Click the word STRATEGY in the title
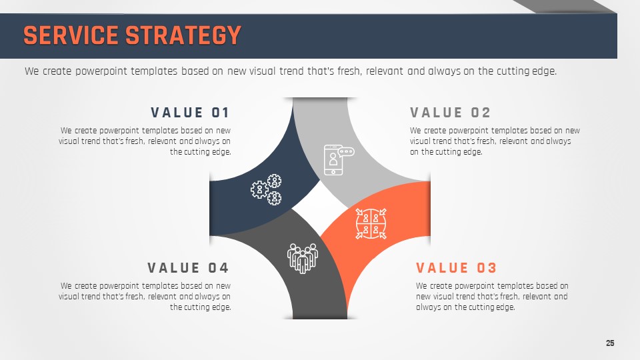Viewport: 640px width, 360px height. click(183, 35)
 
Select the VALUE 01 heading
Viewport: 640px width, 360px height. click(190, 113)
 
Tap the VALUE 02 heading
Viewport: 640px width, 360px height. click(450, 113)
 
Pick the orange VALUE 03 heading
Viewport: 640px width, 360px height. click(456, 268)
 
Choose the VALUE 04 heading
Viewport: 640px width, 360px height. click(188, 268)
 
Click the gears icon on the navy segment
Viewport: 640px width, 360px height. click(266, 189)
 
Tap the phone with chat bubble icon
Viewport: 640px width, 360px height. click(339, 160)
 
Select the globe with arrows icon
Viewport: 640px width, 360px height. click(371, 224)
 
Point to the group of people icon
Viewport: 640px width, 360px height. click(303, 259)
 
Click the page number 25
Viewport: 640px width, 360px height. click(610, 343)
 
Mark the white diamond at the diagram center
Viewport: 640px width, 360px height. click(320, 208)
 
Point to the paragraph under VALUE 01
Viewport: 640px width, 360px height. click(145, 141)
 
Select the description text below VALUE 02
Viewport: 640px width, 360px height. click(495, 141)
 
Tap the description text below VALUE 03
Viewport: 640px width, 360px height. click(492, 297)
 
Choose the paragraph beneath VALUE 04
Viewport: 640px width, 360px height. click(145, 297)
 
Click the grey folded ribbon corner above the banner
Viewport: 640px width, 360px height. click(565, 7)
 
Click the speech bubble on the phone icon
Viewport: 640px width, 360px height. click(347, 152)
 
